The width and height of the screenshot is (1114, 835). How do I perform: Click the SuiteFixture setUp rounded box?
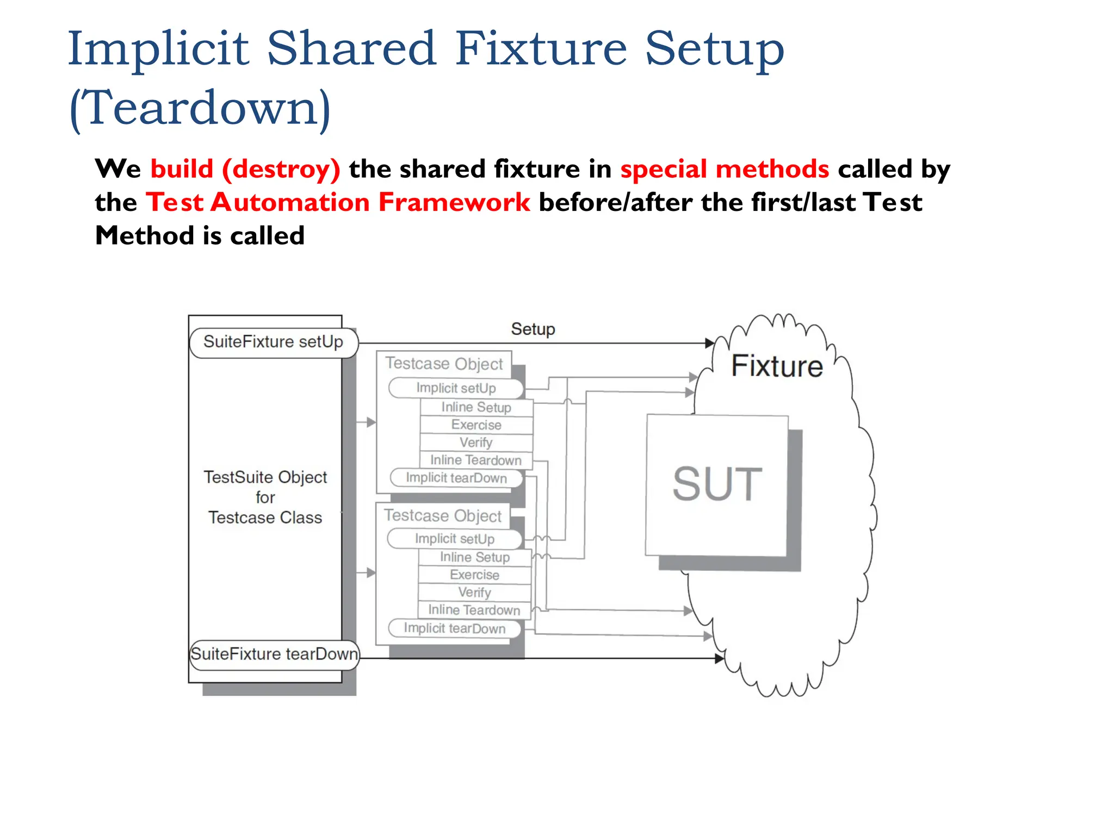(x=274, y=342)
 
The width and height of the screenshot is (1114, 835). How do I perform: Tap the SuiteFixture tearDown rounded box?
(x=274, y=654)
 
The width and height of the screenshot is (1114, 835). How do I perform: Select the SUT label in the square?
(x=717, y=484)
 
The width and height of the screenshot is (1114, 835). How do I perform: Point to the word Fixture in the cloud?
(x=777, y=366)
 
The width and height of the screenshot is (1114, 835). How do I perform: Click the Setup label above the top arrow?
(x=533, y=329)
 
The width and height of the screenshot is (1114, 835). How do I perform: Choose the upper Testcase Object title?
(x=444, y=364)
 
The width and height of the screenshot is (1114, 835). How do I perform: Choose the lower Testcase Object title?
(x=443, y=516)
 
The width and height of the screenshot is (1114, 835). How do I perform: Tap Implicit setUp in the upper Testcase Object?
(x=456, y=388)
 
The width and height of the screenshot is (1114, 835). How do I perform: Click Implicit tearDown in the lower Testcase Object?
(x=454, y=628)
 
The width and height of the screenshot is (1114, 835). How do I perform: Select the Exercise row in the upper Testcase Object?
(x=476, y=425)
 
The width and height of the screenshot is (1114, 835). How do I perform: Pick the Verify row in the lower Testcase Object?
(x=475, y=593)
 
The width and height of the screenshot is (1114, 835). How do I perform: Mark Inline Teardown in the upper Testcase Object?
(x=476, y=460)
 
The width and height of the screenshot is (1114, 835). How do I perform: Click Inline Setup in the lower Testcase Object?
(x=475, y=557)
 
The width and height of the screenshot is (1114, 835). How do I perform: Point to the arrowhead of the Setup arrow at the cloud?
(x=710, y=343)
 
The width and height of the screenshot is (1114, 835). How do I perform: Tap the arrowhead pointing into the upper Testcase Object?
(x=372, y=422)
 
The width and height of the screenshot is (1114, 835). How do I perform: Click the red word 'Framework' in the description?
(x=454, y=202)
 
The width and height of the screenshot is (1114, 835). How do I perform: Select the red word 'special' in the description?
(x=664, y=169)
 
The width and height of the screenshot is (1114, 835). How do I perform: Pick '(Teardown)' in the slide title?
(x=200, y=108)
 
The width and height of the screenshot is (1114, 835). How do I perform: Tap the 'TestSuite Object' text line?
(x=265, y=477)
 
